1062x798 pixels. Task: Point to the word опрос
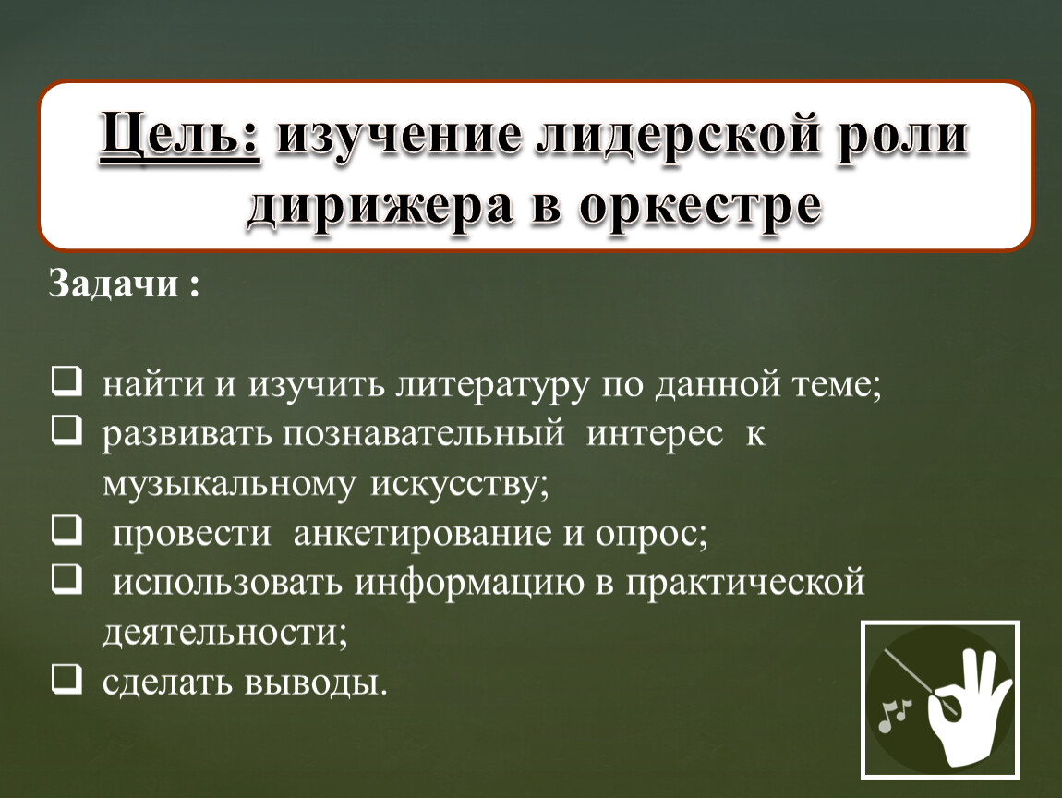point(655,534)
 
